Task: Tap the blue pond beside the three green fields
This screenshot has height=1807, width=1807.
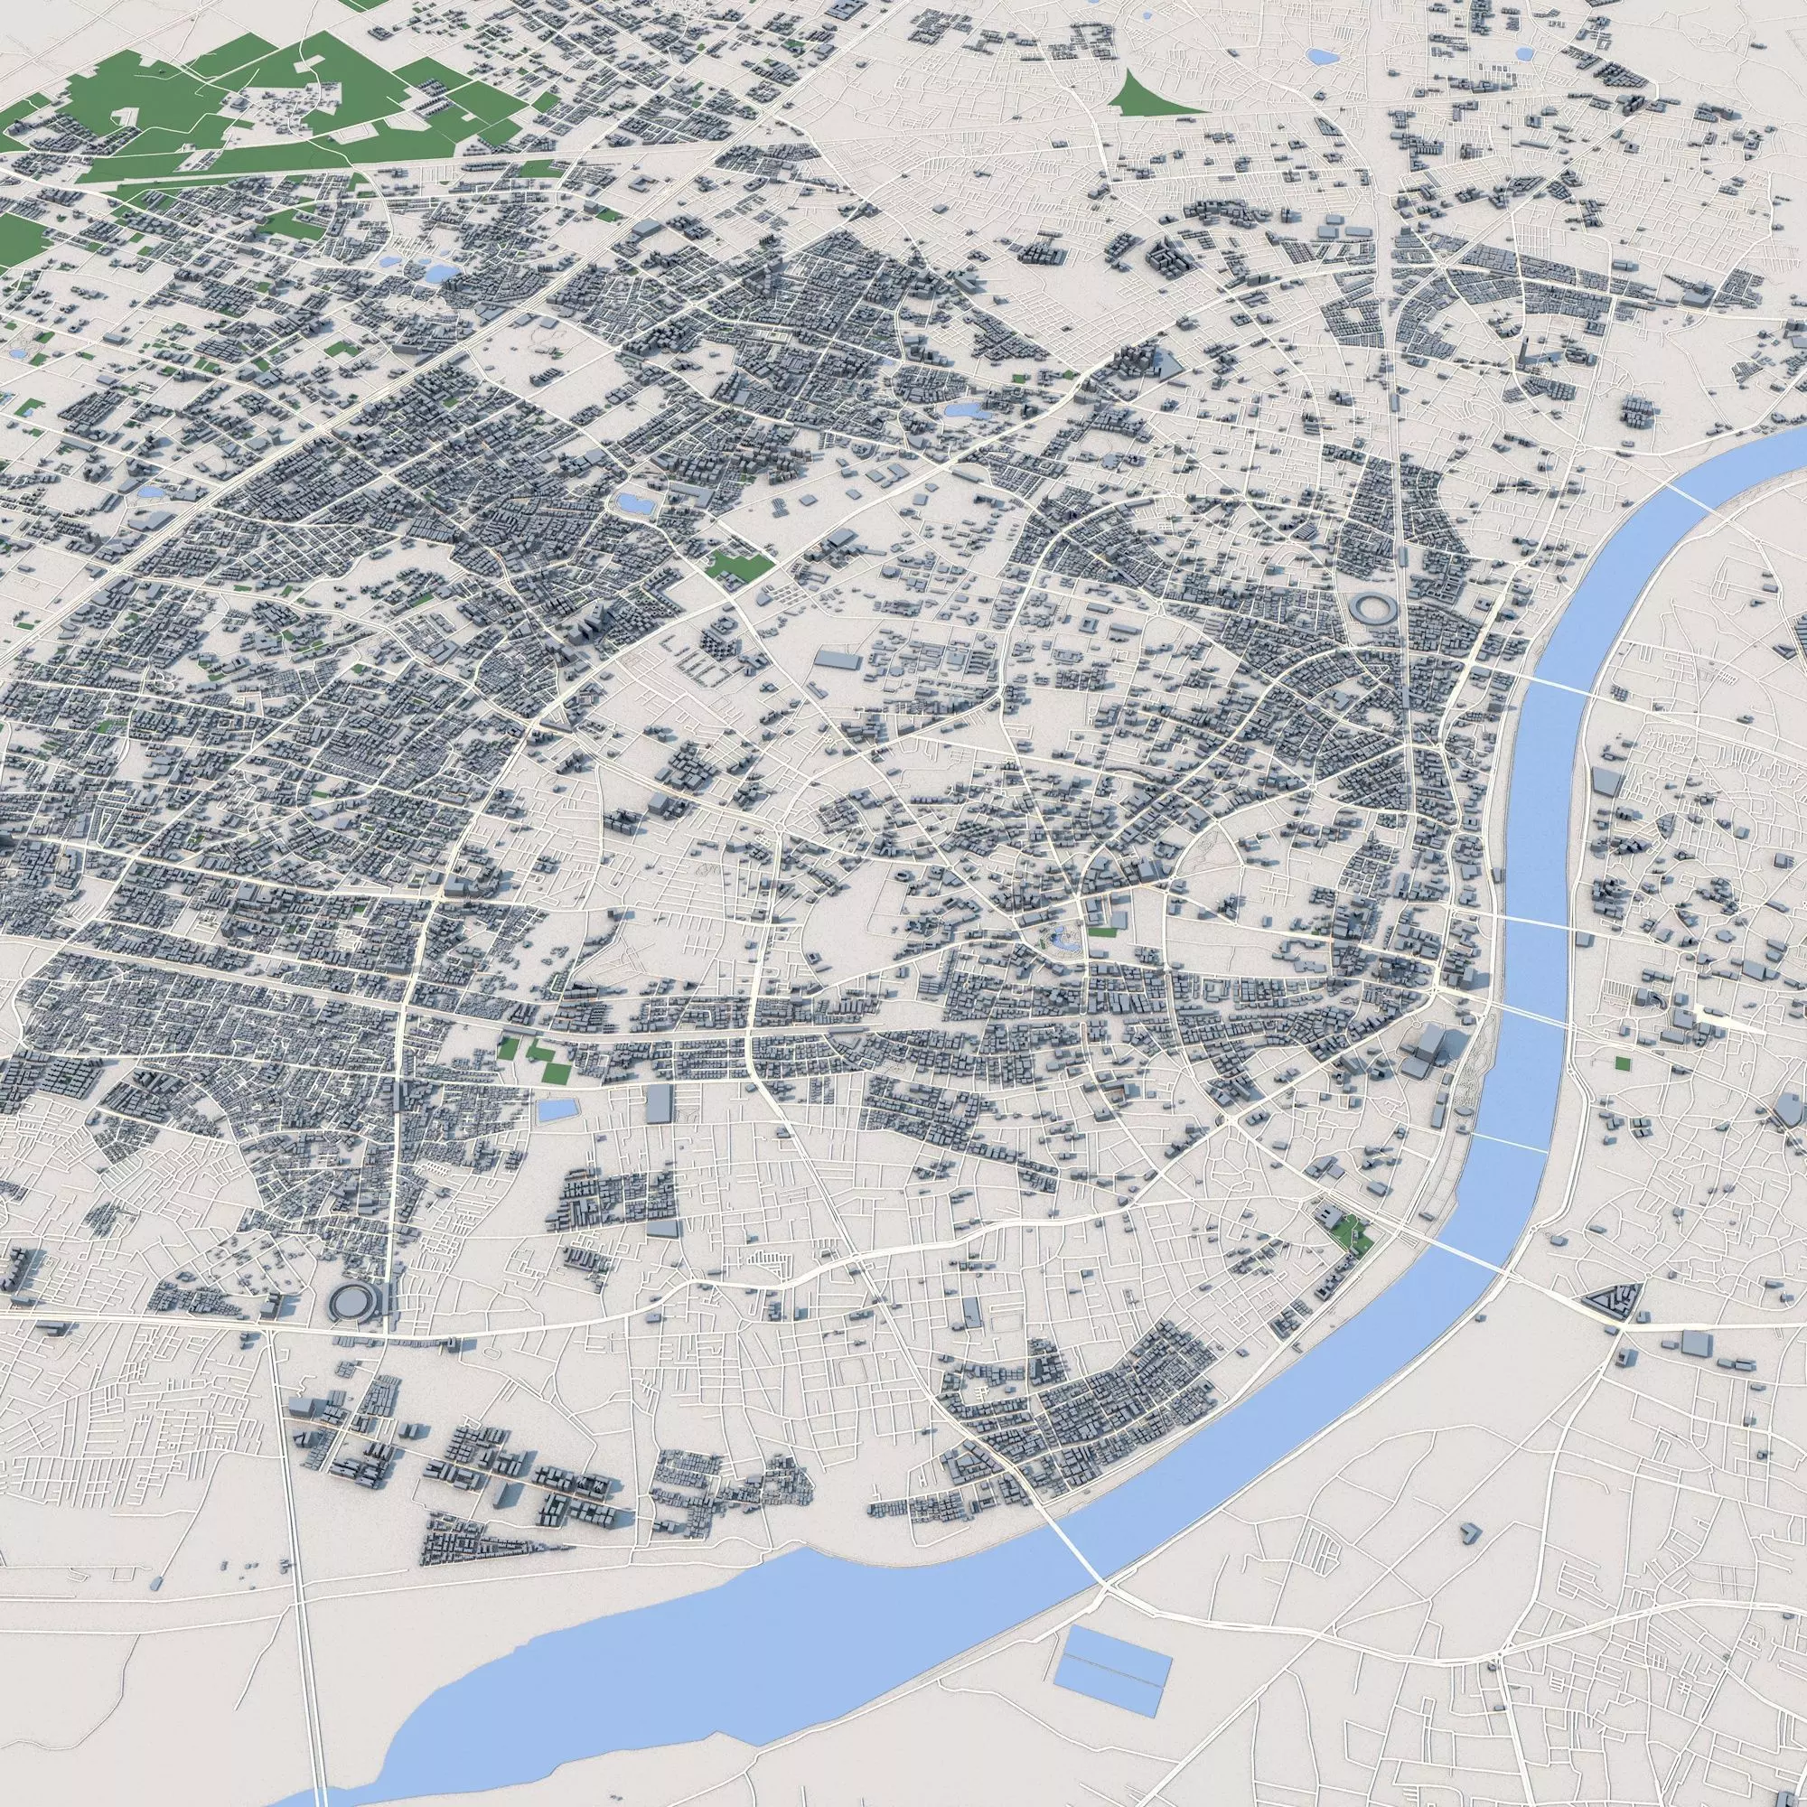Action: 557,1110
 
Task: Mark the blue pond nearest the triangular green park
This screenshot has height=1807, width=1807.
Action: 1323,56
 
